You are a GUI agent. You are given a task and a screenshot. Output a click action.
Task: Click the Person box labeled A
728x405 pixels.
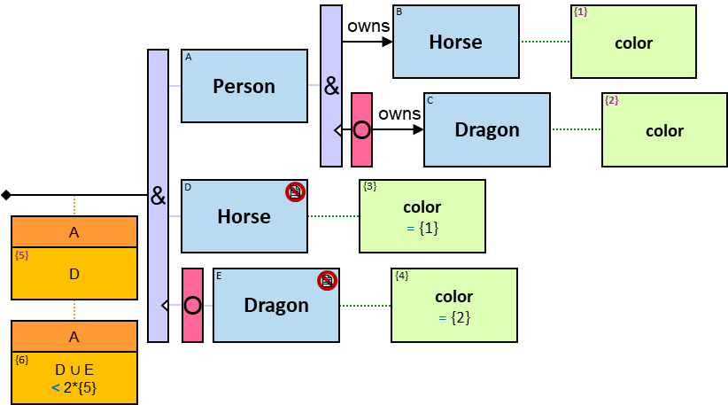[x=244, y=86]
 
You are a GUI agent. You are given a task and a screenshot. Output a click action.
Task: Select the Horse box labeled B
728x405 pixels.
[x=455, y=42]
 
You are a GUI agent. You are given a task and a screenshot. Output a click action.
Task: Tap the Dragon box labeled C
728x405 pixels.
[x=486, y=129]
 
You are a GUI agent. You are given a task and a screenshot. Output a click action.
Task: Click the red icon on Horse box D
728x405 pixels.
[x=295, y=191]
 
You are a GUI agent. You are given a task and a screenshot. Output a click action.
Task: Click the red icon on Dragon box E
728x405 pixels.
[x=327, y=280]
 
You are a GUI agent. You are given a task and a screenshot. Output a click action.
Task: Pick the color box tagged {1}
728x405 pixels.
[x=633, y=42]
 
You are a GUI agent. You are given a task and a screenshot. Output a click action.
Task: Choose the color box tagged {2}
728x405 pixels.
[x=664, y=129]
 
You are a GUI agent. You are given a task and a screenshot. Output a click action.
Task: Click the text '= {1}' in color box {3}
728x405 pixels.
[x=422, y=228]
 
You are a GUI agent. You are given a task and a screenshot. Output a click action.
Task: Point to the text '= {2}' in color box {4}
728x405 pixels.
[x=453, y=316]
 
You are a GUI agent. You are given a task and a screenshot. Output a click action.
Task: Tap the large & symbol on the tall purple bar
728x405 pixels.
[x=158, y=196]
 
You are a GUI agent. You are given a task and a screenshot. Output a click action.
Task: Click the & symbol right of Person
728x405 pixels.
[x=331, y=86]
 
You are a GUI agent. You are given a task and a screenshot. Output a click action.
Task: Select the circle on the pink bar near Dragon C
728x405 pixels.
[x=361, y=129]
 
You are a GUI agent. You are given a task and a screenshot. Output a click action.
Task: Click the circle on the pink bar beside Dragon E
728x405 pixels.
[x=192, y=306]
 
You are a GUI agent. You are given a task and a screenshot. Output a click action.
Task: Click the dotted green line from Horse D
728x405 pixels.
[x=333, y=216]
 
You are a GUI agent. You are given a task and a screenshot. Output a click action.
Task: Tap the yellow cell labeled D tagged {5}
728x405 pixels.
[x=74, y=274]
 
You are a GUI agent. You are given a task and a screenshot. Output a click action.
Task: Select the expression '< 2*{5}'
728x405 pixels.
[x=74, y=387]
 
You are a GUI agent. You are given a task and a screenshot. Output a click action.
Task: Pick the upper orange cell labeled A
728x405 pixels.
[x=74, y=232]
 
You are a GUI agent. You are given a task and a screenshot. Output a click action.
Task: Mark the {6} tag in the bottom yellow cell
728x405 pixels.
[x=22, y=360]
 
